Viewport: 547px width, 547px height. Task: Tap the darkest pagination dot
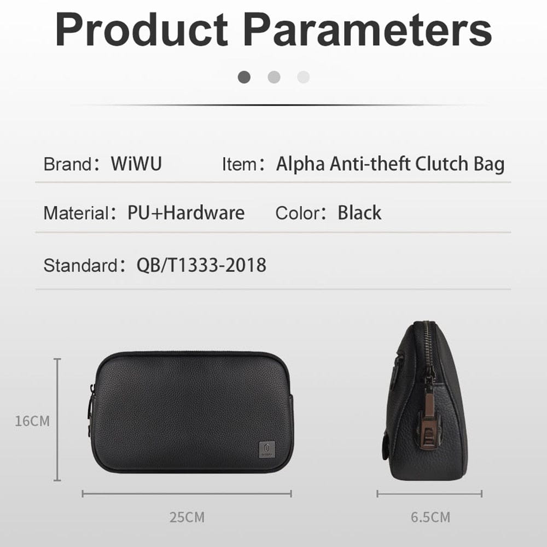click(244, 77)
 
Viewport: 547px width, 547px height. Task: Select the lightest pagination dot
click(303, 77)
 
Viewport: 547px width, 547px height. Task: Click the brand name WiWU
click(136, 164)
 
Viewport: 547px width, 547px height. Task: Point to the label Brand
click(67, 164)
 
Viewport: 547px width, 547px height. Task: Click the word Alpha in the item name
click(300, 164)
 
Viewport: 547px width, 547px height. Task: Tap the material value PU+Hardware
click(186, 213)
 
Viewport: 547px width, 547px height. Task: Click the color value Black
click(359, 213)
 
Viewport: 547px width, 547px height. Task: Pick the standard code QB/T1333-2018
click(201, 265)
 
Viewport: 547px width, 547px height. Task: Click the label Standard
click(80, 265)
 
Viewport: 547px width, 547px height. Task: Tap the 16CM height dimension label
click(32, 421)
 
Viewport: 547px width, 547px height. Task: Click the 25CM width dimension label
click(187, 517)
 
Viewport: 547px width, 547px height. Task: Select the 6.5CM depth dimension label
click(430, 517)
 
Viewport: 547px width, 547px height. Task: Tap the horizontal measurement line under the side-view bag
click(429, 494)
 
